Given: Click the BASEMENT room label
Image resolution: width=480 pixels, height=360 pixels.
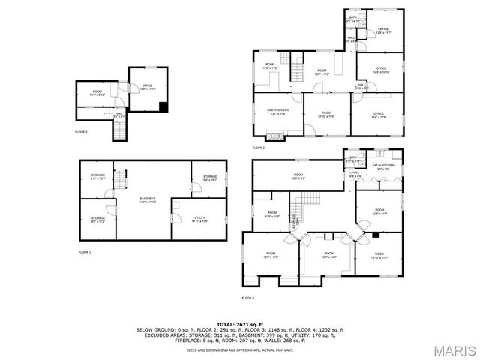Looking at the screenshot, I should [x=147, y=200].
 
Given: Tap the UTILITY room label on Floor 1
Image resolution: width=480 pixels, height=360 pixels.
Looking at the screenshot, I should [x=178, y=219].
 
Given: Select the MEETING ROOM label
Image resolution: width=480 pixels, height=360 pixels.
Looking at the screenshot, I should [x=278, y=112].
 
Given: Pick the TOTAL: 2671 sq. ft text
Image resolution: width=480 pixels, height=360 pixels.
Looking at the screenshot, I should [x=239, y=323].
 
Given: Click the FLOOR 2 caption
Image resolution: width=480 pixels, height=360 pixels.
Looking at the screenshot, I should [x=82, y=131].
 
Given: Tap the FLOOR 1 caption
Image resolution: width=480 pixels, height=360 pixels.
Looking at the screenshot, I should [x=85, y=252].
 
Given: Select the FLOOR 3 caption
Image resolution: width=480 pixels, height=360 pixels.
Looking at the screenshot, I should [x=258, y=148].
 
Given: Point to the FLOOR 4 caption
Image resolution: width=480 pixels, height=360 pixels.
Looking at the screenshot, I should [x=247, y=298].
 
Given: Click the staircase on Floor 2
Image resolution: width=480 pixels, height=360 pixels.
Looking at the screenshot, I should [x=118, y=131].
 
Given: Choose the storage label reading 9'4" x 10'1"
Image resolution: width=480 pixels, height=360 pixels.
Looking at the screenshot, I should [x=209, y=178].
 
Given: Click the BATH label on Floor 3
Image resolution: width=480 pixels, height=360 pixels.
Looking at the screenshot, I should [x=353, y=19].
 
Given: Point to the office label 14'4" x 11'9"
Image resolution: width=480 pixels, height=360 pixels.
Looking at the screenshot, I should [x=379, y=115].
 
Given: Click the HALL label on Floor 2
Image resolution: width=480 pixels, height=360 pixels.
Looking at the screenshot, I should [x=118, y=115].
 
